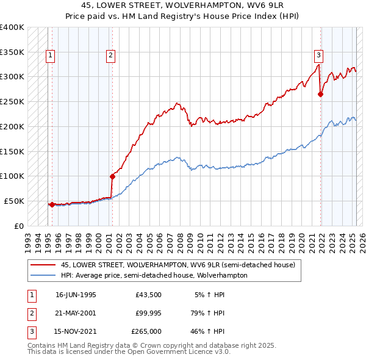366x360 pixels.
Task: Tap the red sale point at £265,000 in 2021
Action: tap(321, 94)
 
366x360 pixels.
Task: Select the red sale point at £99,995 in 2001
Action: tap(112, 176)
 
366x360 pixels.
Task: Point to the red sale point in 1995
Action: tap(52, 204)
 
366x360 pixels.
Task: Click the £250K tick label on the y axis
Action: tap(12, 101)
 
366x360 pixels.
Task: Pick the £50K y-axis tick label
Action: tap(15, 201)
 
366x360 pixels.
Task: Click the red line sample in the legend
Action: tap(43, 265)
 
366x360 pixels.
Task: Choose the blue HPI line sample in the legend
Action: tap(43, 275)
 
